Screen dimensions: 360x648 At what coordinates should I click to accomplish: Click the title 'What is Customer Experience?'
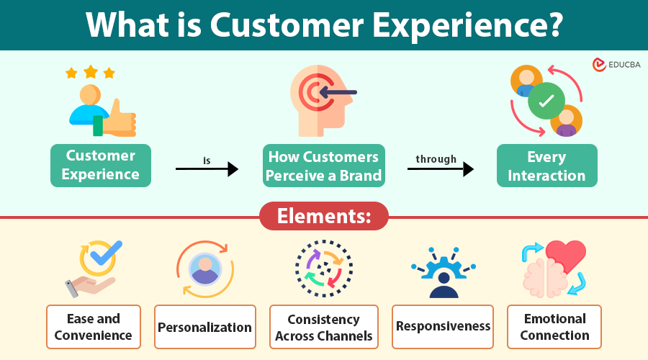pyautogui.click(x=324, y=24)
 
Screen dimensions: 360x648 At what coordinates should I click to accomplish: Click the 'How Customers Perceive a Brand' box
pyautogui.click(x=323, y=166)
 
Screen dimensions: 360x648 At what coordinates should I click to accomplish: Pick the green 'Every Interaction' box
pyautogui.click(x=546, y=166)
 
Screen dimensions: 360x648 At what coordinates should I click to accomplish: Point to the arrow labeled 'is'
pyautogui.click(x=207, y=169)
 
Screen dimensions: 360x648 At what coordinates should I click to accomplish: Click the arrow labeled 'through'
pyautogui.click(x=440, y=169)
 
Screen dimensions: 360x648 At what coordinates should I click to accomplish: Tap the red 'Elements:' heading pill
pyautogui.click(x=323, y=216)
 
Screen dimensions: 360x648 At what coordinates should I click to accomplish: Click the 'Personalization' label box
pyautogui.click(x=205, y=327)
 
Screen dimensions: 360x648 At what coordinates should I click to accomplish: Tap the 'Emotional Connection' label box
pyautogui.click(x=554, y=327)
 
